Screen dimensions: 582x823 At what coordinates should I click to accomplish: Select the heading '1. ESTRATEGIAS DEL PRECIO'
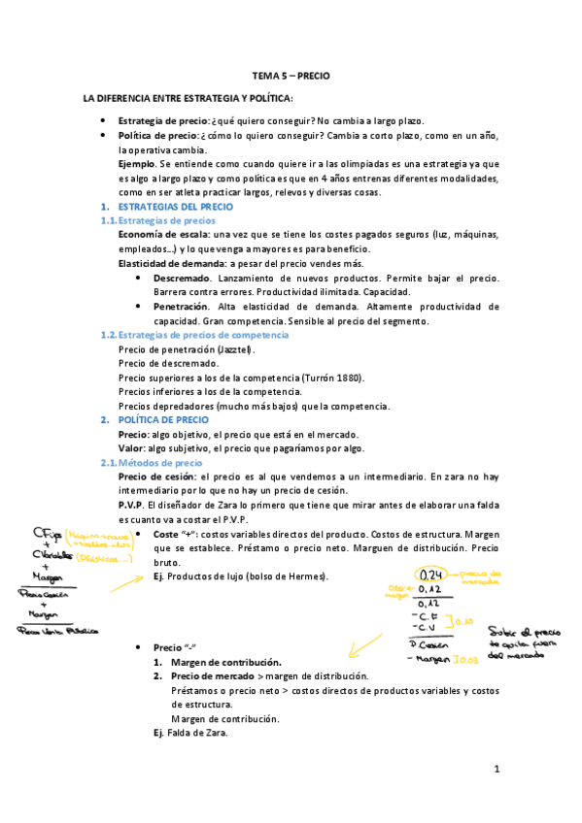(166, 208)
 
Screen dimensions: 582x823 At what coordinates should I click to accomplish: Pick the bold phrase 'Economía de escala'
(162, 236)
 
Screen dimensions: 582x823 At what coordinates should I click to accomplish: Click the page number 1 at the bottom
(496, 771)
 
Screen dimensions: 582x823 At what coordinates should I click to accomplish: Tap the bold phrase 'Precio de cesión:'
(155, 477)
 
